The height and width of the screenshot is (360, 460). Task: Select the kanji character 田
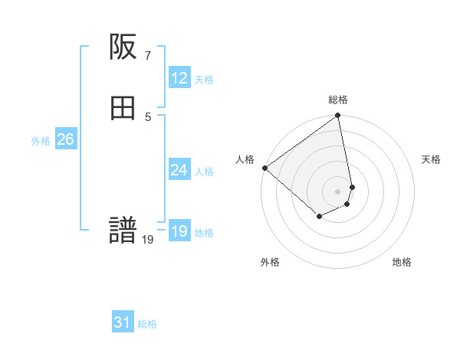coord(123,109)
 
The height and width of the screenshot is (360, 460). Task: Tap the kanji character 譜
coord(123,231)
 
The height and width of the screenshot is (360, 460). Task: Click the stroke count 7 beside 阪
coord(147,55)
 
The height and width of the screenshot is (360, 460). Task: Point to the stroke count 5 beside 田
coord(147,116)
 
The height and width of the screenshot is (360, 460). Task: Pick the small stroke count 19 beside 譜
coord(148,240)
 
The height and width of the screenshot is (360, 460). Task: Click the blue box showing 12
coord(179,78)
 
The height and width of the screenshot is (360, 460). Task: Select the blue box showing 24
coord(179,170)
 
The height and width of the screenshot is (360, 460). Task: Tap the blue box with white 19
coord(179,231)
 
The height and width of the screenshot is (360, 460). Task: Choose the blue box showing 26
coord(65,139)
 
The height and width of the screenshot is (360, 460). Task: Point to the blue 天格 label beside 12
coord(204,80)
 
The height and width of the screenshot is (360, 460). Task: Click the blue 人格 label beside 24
coord(204,172)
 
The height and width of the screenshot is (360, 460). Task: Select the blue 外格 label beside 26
coord(41,141)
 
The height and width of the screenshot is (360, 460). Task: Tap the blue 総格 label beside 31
coord(147,324)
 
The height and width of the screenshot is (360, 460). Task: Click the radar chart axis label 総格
coord(338,100)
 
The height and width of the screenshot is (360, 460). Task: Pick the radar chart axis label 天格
coord(431,159)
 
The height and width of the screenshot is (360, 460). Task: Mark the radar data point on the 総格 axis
coord(338,116)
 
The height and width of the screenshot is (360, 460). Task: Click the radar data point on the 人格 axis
coord(264,168)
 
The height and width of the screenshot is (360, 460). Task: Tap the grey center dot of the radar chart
coord(338,191)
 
